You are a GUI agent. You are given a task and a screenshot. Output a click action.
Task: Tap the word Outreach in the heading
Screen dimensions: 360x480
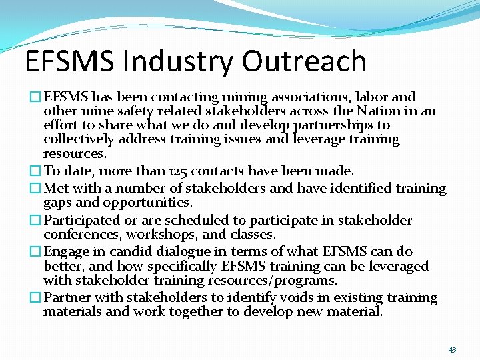[x=304, y=61]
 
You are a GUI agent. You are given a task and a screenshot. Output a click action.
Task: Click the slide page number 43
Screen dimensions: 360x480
[x=452, y=349]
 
